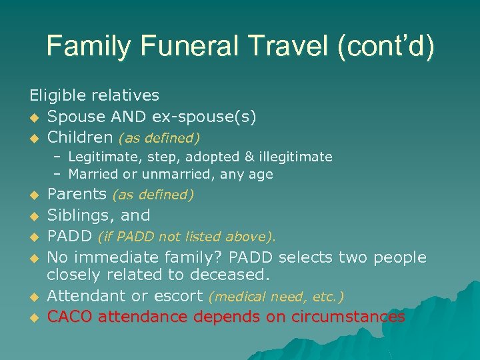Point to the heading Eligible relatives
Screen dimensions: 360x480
tap(94, 95)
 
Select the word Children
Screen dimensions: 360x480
tap(80, 138)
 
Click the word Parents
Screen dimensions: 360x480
tap(77, 195)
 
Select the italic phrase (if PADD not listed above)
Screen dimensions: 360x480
tap(187, 237)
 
